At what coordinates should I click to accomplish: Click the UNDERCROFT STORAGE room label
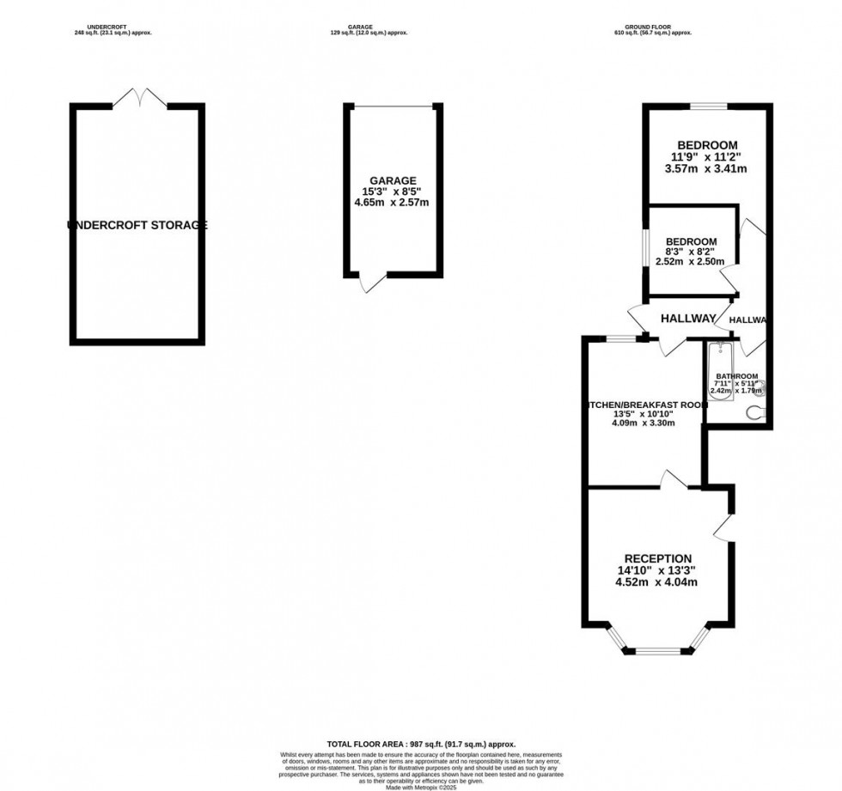pos(137,226)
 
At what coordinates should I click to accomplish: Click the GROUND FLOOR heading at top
pos(654,27)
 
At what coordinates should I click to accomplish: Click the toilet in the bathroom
pos(756,413)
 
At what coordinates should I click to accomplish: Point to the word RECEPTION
pos(657,559)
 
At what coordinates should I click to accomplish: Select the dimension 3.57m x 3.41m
pos(705,169)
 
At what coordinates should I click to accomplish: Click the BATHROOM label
pos(737,376)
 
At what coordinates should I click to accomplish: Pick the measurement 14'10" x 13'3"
pos(657,570)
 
